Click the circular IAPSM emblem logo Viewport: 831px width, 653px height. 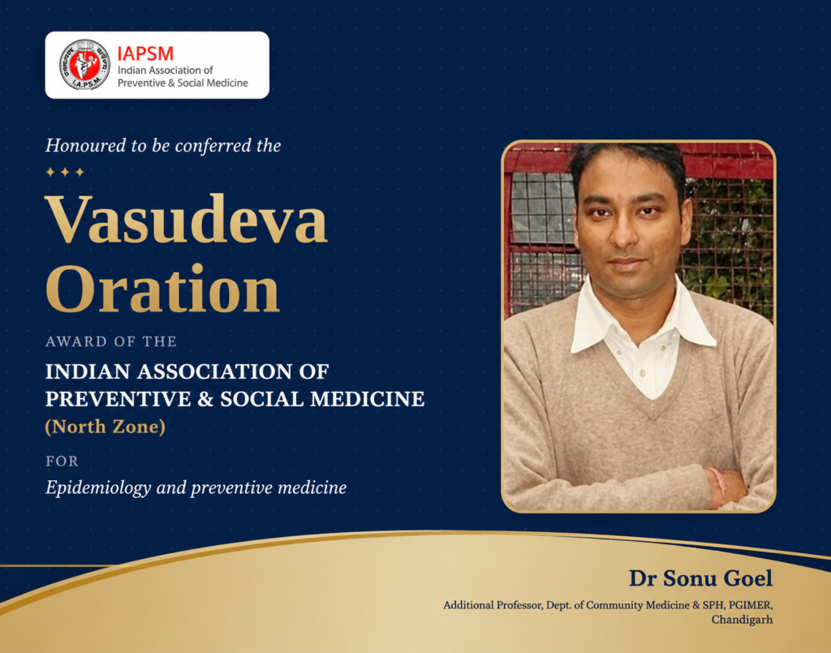(84, 65)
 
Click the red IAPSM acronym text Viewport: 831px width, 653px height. (145, 54)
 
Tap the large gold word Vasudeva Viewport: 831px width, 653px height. (186, 219)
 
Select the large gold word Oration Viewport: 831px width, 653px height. (162, 289)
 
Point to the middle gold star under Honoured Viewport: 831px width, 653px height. (65, 172)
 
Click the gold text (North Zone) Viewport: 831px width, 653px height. (105, 427)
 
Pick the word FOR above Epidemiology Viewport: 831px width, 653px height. (62, 462)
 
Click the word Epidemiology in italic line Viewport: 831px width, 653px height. (98, 488)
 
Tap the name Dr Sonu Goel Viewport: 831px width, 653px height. (700, 578)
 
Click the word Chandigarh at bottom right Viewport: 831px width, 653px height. (742, 620)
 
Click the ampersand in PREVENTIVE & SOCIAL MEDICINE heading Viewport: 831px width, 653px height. (205, 399)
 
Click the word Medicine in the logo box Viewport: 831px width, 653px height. (227, 83)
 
